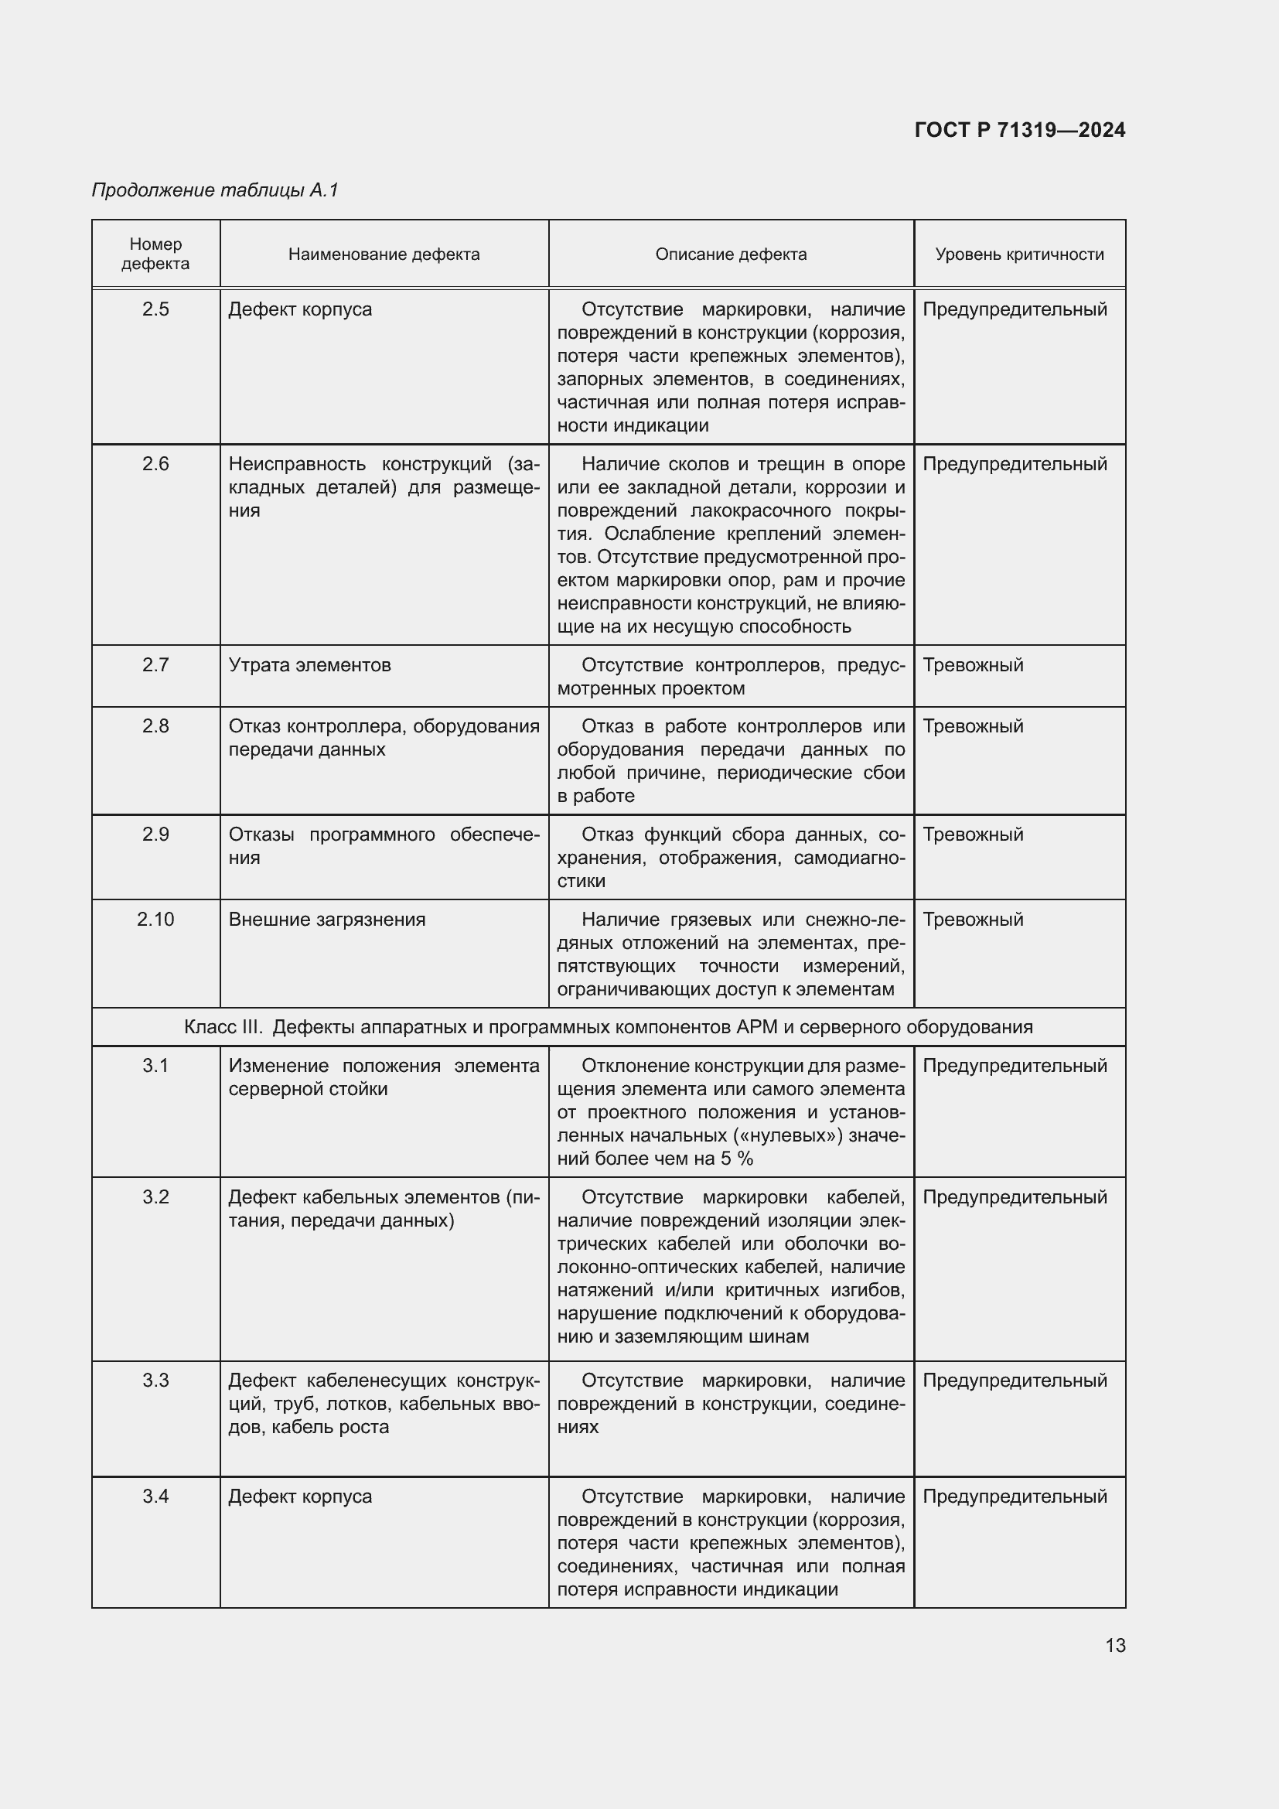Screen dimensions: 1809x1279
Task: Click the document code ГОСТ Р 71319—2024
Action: coord(1020,130)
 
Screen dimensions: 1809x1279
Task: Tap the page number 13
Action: coord(1115,1645)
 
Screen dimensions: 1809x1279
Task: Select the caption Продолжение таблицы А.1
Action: coord(215,190)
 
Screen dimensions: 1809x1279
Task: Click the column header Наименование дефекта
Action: coord(384,254)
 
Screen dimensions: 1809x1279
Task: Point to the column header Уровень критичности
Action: coord(1019,254)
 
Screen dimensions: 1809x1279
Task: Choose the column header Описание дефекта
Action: coord(731,254)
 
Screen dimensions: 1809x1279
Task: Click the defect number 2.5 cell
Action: coord(156,309)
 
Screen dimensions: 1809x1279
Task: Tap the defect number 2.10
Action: coord(156,920)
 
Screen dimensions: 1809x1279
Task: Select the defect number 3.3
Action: coord(156,1381)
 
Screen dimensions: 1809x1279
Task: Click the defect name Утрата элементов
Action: coord(309,665)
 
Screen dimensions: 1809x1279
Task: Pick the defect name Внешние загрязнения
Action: coord(327,920)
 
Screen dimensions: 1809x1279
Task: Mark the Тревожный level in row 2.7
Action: coord(973,665)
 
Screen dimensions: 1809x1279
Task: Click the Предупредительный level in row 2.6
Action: coord(1015,464)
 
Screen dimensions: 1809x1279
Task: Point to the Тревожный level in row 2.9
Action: coord(973,835)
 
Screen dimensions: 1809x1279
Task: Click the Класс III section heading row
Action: coord(608,1027)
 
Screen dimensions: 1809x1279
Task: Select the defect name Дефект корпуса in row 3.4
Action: coord(300,1497)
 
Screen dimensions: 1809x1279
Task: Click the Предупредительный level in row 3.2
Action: coord(1015,1196)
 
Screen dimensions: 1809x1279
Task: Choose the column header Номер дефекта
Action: coord(156,254)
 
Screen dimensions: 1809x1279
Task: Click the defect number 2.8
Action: coord(156,726)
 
